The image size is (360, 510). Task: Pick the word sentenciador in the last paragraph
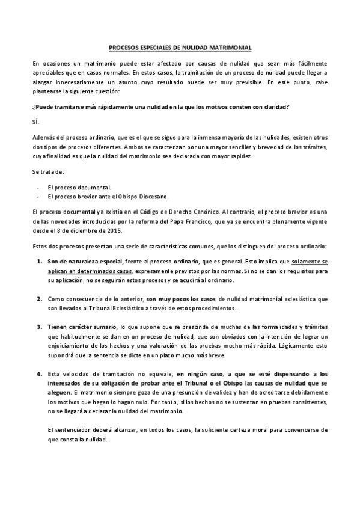coord(70,431)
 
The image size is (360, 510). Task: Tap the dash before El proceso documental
coord(38,187)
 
